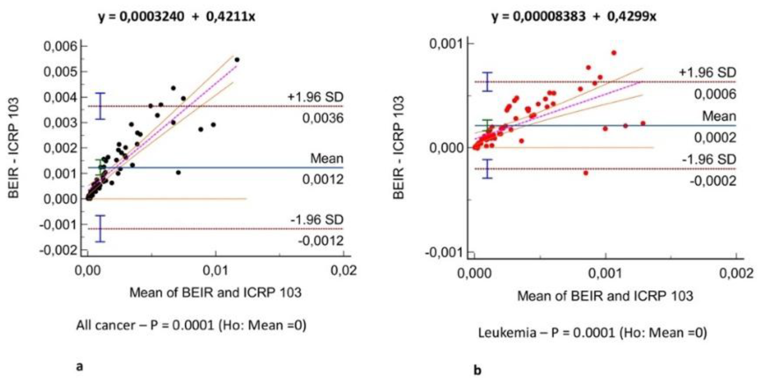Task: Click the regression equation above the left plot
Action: point(177,16)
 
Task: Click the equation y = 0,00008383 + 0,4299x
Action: point(574,16)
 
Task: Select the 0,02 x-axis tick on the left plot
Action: point(344,270)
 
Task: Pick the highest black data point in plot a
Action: point(237,60)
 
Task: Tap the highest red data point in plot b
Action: point(614,53)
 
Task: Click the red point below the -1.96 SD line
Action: point(586,173)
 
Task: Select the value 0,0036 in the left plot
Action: point(322,118)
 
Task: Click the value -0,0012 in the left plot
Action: point(321,241)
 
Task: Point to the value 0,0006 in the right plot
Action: point(715,94)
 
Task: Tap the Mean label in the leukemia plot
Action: point(719,116)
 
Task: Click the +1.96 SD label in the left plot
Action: point(315,97)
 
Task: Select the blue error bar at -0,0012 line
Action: point(100,229)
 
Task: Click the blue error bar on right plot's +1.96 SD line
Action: point(487,82)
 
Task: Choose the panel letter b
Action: point(477,370)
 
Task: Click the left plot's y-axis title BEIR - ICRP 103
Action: point(14,148)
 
